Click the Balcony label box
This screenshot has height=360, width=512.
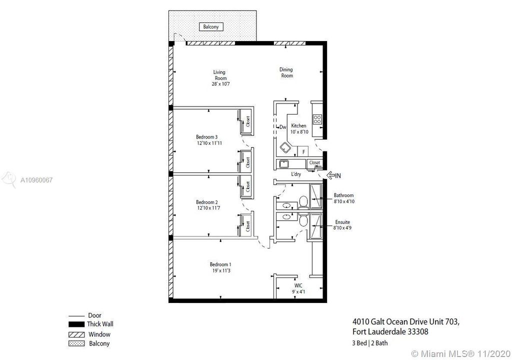pos(211,27)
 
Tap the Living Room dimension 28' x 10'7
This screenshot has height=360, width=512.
pos(221,84)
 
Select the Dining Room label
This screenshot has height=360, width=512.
pos(286,72)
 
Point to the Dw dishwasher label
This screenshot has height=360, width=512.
pos(283,127)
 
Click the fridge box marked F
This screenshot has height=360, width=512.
pos(303,151)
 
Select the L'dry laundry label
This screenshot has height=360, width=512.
pos(296,174)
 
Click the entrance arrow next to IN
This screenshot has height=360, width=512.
pos(330,175)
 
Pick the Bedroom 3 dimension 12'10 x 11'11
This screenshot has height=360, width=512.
pos(209,143)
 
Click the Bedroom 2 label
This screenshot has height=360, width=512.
pos(207,202)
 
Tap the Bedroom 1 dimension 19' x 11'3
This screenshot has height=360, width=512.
pos(221,270)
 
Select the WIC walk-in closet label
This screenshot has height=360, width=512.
pos(298,285)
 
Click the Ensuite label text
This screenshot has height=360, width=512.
pos(342,222)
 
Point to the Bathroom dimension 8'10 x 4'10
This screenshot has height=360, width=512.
pos(344,201)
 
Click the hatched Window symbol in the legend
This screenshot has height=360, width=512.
pos(76,334)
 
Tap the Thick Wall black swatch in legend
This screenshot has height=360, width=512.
pos(76,324)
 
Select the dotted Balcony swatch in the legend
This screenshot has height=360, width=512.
pos(76,343)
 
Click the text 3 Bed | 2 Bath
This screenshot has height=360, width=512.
pos(370,343)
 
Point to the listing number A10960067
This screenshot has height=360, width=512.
pos(36,180)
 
